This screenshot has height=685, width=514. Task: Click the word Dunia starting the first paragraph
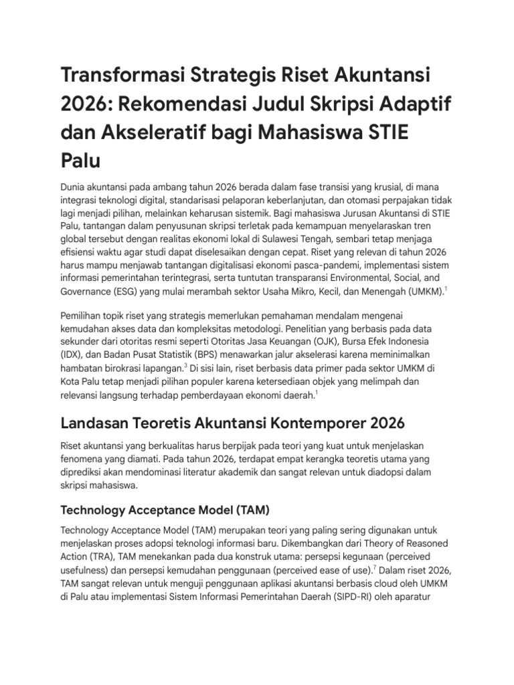coord(75,185)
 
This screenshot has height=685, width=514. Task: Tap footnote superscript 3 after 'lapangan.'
coord(185,366)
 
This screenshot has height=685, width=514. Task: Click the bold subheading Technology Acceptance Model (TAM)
coord(165,510)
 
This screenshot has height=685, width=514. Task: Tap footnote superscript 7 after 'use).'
coord(374,567)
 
